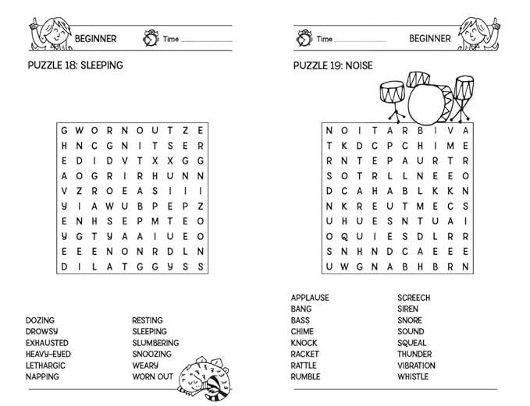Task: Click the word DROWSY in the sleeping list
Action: [x=41, y=331]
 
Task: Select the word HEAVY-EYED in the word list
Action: [x=48, y=354]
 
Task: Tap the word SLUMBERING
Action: [x=155, y=343]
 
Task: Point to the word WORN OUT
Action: [x=152, y=377]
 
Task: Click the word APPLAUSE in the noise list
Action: [x=310, y=298]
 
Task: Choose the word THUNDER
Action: [x=414, y=354]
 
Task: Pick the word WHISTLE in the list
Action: [x=413, y=377]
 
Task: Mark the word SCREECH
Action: [x=414, y=298]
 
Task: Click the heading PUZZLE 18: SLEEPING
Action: [x=75, y=65]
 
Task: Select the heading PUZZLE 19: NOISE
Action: [x=333, y=65]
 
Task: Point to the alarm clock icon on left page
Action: [x=150, y=37]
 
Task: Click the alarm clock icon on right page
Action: [x=304, y=37]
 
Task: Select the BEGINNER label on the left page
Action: [x=95, y=38]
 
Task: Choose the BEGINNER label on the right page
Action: [x=430, y=38]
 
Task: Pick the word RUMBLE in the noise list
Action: [x=305, y=377]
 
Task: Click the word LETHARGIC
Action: [x=45, y=365]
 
